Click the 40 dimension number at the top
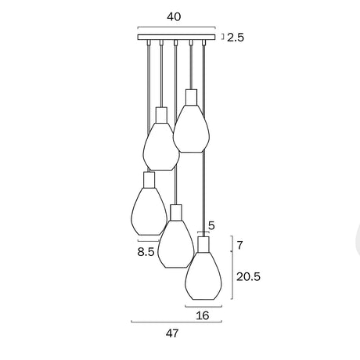point(176,16)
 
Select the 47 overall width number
point(172,333)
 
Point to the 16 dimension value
point(203,315)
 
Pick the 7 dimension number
point(240,246)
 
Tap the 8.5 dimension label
point(146,252)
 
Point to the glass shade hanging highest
point(191,125)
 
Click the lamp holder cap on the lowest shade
point(203,243)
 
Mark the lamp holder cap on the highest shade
point(190,97)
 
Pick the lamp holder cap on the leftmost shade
point(149,180)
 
